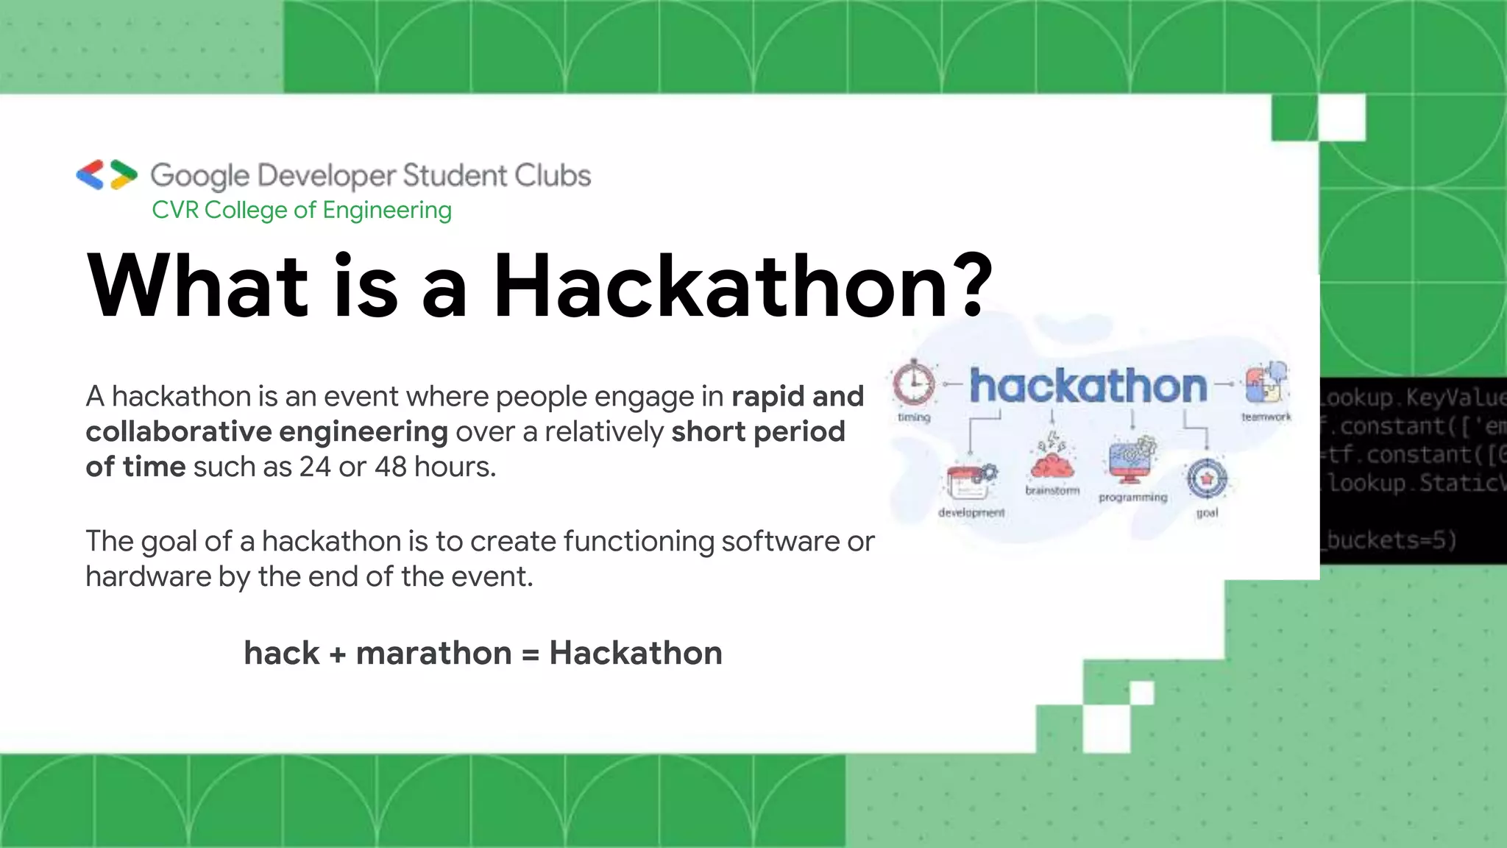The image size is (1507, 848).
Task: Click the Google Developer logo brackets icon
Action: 107,174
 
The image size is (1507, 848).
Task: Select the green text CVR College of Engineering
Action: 302,210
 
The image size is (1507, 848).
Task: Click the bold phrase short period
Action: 758,431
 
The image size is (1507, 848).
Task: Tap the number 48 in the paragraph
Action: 390,467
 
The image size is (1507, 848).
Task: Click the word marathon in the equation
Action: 433,653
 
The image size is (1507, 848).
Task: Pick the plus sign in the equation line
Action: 338,654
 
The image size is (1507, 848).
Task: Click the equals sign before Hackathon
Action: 530,654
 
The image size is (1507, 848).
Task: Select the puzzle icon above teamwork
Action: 1266,383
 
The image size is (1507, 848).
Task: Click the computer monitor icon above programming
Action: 1132,461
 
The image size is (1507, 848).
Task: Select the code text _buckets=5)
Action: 1391,540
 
